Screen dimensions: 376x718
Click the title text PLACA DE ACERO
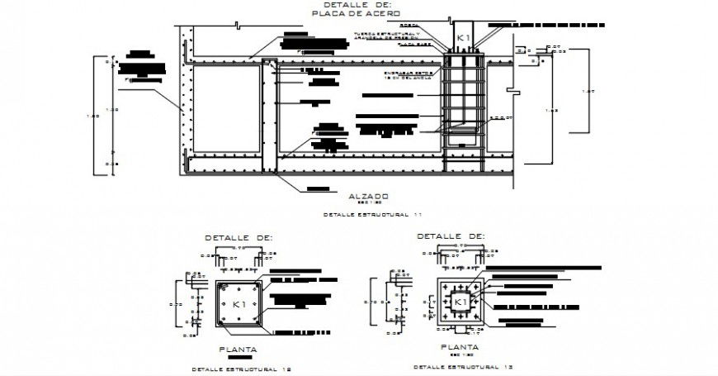357,14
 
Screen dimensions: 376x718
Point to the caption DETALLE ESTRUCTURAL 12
240,369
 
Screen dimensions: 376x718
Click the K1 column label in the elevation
463,39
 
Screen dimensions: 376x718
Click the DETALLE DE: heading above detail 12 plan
239,237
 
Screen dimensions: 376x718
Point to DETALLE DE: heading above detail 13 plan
451,236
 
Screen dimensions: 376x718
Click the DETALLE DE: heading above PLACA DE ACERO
357,5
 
